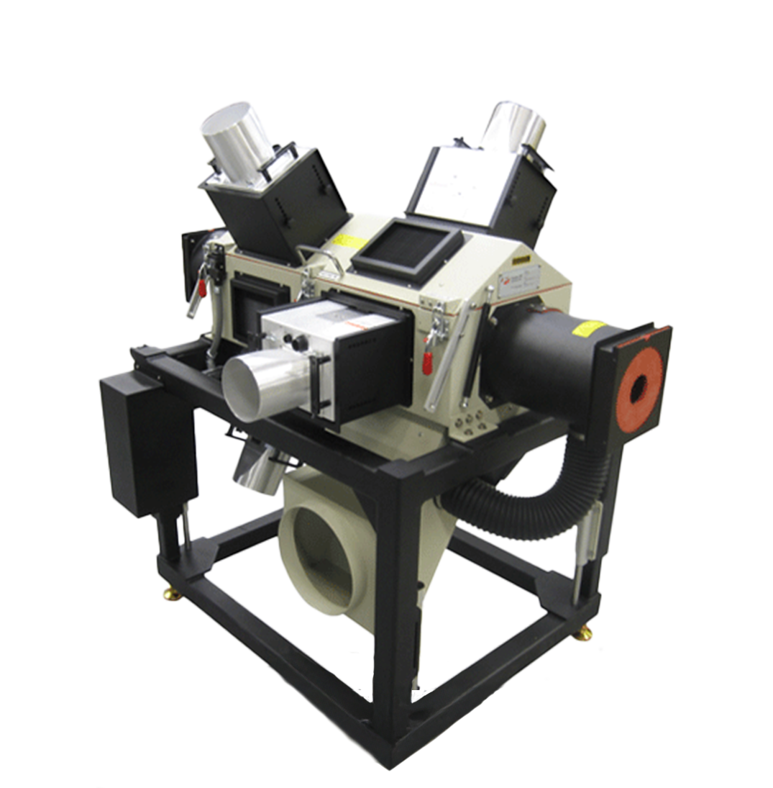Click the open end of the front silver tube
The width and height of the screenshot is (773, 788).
244,386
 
